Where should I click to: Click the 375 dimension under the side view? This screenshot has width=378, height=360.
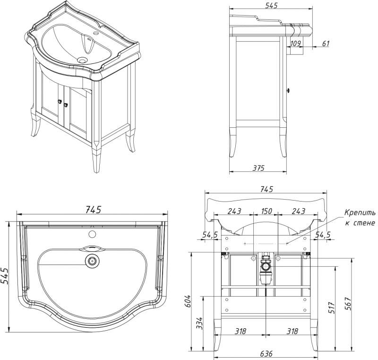coord(258,167)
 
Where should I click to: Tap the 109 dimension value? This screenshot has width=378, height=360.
coord(296,44)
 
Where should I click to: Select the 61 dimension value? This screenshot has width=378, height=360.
coord(326,44)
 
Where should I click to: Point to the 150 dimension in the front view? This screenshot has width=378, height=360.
coord(266,211)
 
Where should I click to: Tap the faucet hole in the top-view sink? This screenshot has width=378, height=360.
coord(93,234)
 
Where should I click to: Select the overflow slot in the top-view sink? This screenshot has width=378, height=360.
coord(93,247)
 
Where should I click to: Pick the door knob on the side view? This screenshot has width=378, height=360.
coord(289,90)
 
